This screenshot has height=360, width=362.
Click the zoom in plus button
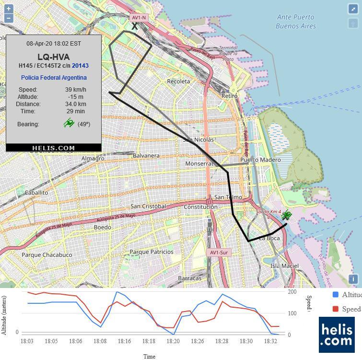[x=8, y=9]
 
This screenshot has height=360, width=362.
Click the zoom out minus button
[x=8, y=18]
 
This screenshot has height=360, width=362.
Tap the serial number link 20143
[x=80, y=66]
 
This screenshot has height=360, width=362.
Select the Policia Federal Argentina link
[x=54, y=78]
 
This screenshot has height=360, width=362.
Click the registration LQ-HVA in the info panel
[x=53, y=57]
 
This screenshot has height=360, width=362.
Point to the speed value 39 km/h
[x=76, y=90]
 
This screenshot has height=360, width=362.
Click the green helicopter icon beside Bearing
[x=69, y=124]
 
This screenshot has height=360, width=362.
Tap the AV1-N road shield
[x=139, y=18]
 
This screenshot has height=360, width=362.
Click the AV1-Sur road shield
[x=219, y=252]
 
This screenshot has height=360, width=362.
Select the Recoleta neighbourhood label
[x=178, y=82]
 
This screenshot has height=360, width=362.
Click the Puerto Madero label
[x=260, y=160]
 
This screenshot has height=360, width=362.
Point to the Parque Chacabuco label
[x=47, y=255]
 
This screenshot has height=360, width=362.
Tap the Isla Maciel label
[x=284, y=266]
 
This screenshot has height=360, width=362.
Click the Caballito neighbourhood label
[x=36, y=192]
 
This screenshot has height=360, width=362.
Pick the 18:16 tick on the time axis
[x=124, y=341]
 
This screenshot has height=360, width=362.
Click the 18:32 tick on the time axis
[x=270, y=341]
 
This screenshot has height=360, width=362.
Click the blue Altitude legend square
[x=336, y=295]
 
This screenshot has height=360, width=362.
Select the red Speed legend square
[x=336, y=309]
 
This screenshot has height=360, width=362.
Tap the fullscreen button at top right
[x=353, y=9]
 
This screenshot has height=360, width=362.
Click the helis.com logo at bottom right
[x=337, y=335]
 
